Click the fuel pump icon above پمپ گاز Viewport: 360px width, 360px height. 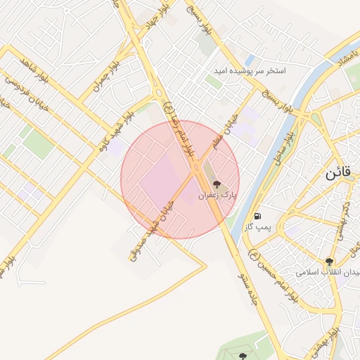(x=259, y=215)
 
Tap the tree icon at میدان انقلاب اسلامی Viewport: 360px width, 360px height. (x=328, y=262)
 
